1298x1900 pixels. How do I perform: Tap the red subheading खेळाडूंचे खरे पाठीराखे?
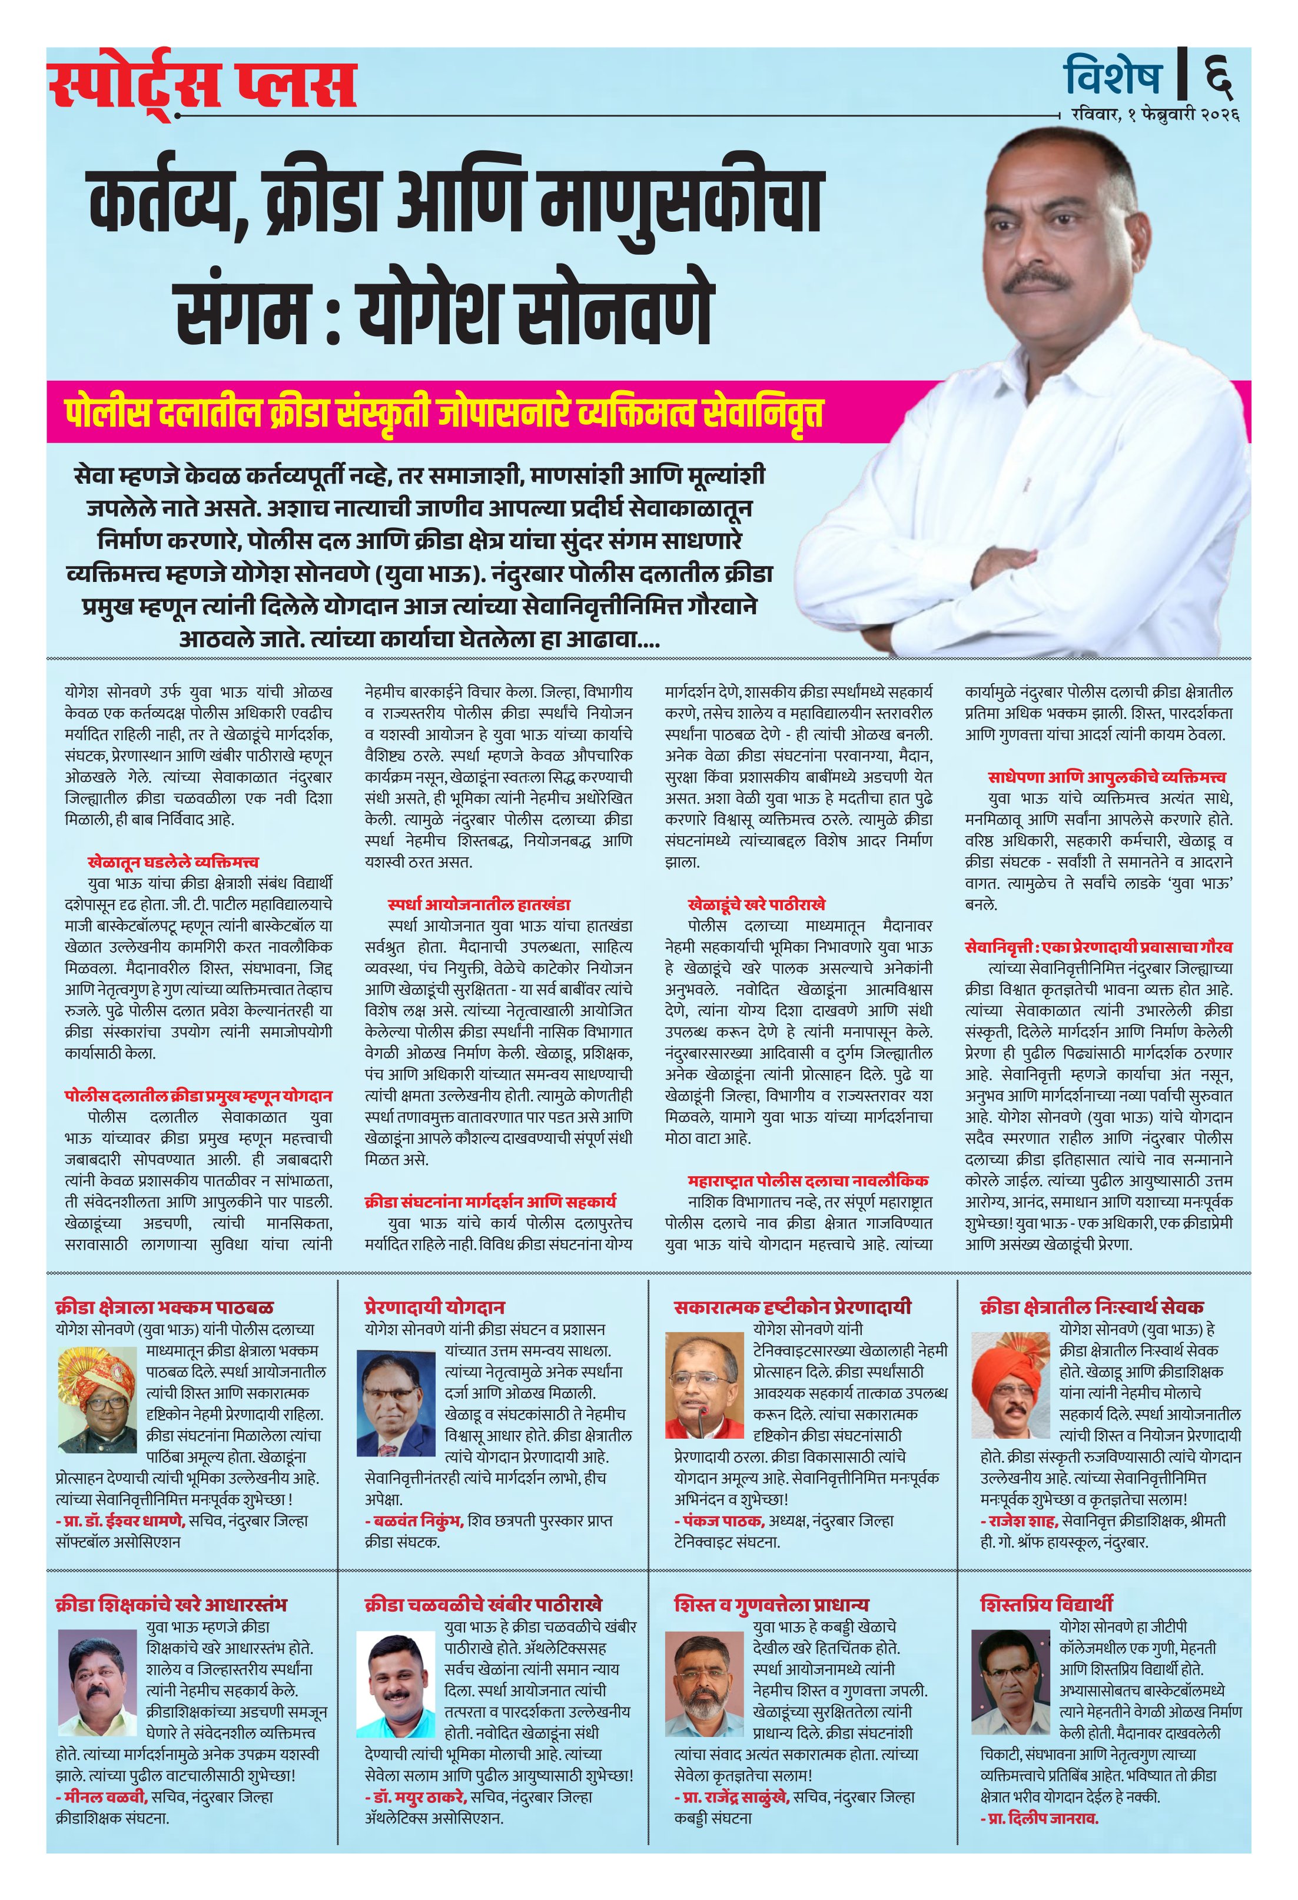[x=756, y=904]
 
